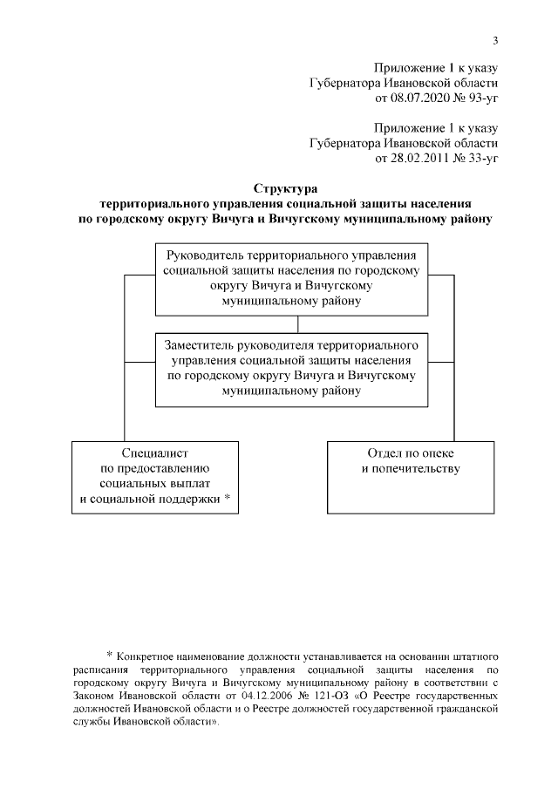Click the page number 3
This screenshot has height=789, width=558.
pyautogui.click(x=495, y=40)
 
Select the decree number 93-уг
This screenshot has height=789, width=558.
pyautogui.click(x=480, y=100)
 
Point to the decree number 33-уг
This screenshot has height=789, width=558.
pyautogui.click(x=480, y=159)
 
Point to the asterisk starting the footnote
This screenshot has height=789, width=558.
pyautogui.click(x=110, y=654)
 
